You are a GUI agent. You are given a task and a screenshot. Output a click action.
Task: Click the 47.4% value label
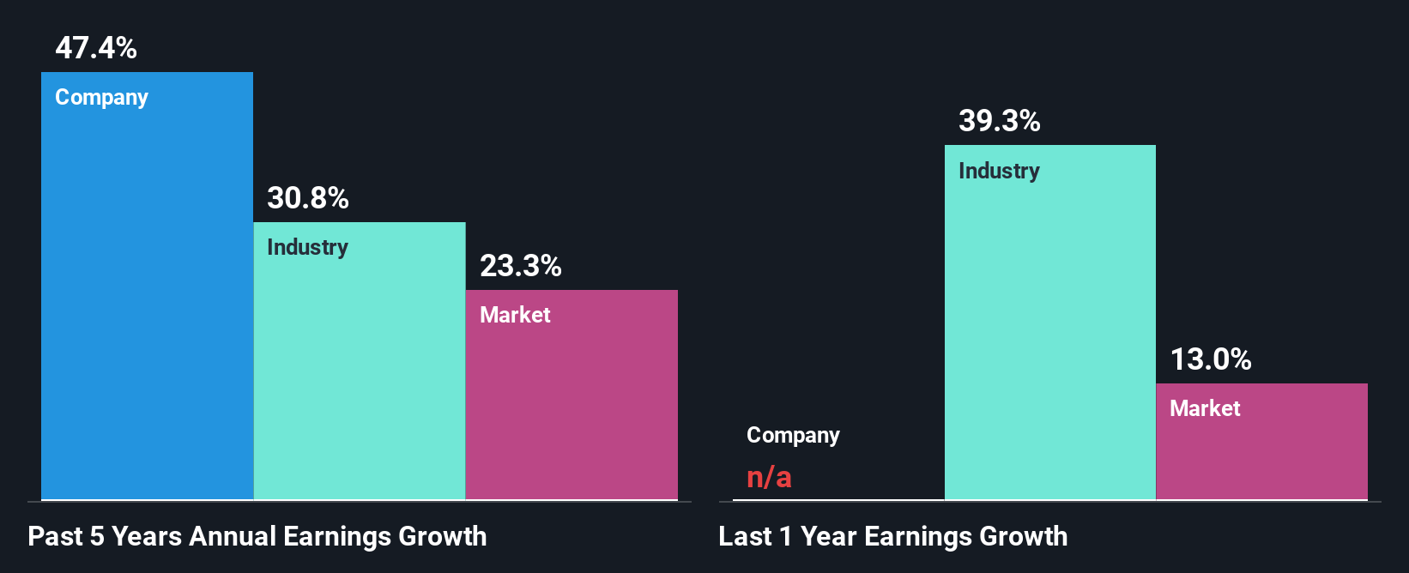coord(96,48)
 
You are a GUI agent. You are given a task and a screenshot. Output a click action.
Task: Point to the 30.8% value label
coord(308,198)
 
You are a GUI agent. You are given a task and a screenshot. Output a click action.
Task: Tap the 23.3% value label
coord(521,266)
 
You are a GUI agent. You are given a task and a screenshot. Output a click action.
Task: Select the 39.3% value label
coord(1000,121)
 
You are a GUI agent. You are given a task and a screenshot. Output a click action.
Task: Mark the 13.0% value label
coord(1211,359)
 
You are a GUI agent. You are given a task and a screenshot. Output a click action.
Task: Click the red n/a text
coord(769,477)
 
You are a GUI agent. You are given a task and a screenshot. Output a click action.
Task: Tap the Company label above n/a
coord(793,436)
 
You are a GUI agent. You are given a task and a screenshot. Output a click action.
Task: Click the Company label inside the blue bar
coord(101,98)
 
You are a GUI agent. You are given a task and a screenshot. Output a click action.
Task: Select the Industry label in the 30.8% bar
coord(307,248)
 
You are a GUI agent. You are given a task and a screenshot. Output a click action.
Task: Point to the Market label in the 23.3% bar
coord(515,315)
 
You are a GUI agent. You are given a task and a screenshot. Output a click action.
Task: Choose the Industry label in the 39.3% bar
coord(999,172)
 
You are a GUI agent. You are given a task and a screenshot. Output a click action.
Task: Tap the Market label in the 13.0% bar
coord(1205,408)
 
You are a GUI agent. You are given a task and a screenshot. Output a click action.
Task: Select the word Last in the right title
coord(745,537)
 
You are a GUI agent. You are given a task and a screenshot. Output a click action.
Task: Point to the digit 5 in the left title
coord(97,537)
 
